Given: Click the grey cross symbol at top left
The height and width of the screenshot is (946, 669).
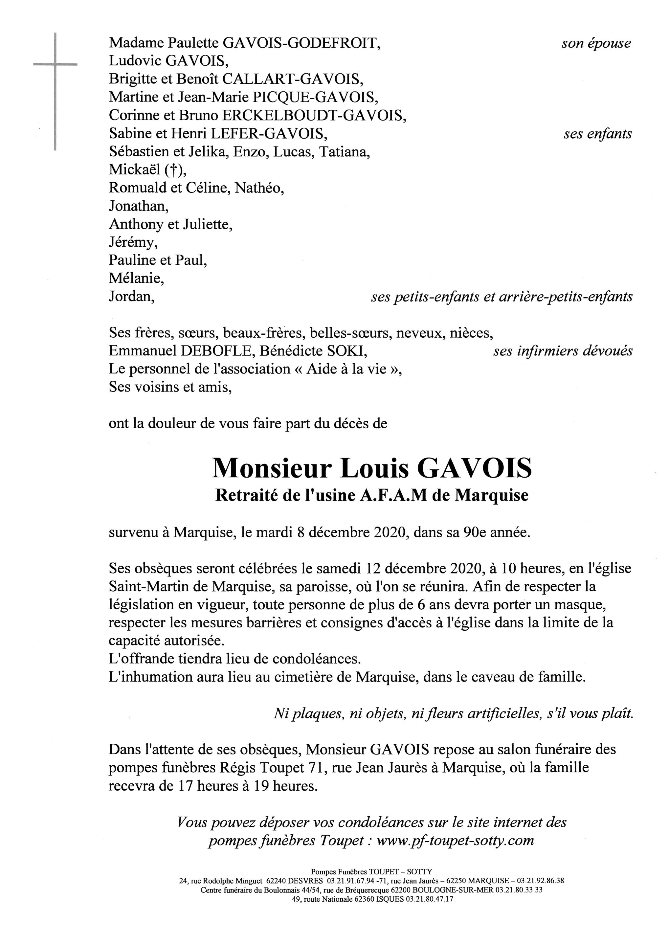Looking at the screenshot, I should click(55, 65).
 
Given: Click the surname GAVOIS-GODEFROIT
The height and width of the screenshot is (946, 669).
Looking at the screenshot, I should click(301, 43).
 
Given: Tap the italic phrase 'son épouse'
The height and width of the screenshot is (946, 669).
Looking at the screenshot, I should click(596, 43).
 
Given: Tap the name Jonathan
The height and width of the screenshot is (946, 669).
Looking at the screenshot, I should click(138, 206).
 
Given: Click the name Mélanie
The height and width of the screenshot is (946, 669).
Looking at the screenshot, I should click(136, 279).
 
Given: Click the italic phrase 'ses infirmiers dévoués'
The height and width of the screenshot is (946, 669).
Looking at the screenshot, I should click(562, 351).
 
